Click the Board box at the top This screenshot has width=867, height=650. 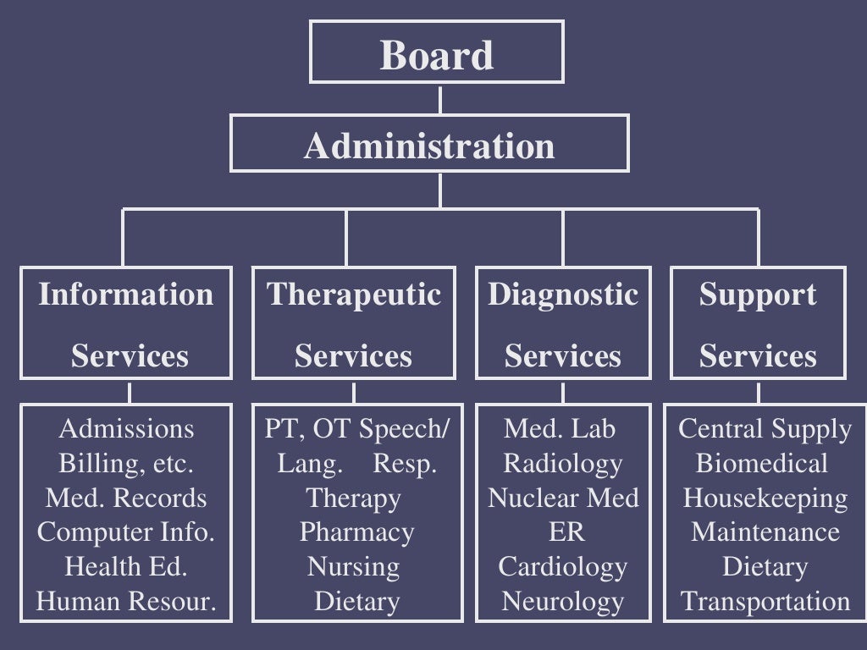pos(436,54)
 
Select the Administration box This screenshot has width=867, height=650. pos(429,146)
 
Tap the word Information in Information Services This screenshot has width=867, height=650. pos(126,295)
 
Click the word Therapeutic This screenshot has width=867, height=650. pos(354,295)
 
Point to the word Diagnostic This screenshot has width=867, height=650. pos(563,295)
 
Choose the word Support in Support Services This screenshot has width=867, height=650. pos(758,295)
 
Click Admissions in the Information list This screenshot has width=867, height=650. pos(126,429)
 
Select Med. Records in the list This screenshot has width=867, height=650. pos(126,498)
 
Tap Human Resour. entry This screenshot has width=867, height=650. pos(126,602)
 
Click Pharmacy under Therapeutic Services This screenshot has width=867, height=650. pos(356,532)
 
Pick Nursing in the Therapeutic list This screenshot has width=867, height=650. pos(354,566)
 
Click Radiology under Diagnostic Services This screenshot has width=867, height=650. pos(563,463)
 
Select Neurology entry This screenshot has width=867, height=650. pos(563,602)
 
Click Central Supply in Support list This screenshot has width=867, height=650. pos(765,429)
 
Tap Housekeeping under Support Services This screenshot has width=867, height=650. pos(765,498)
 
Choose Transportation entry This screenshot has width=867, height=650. pos(765,602)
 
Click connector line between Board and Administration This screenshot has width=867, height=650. pos(439,99)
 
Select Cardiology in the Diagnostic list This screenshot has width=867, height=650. pos(563,566)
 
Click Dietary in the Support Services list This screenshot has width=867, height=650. pos(765,566)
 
